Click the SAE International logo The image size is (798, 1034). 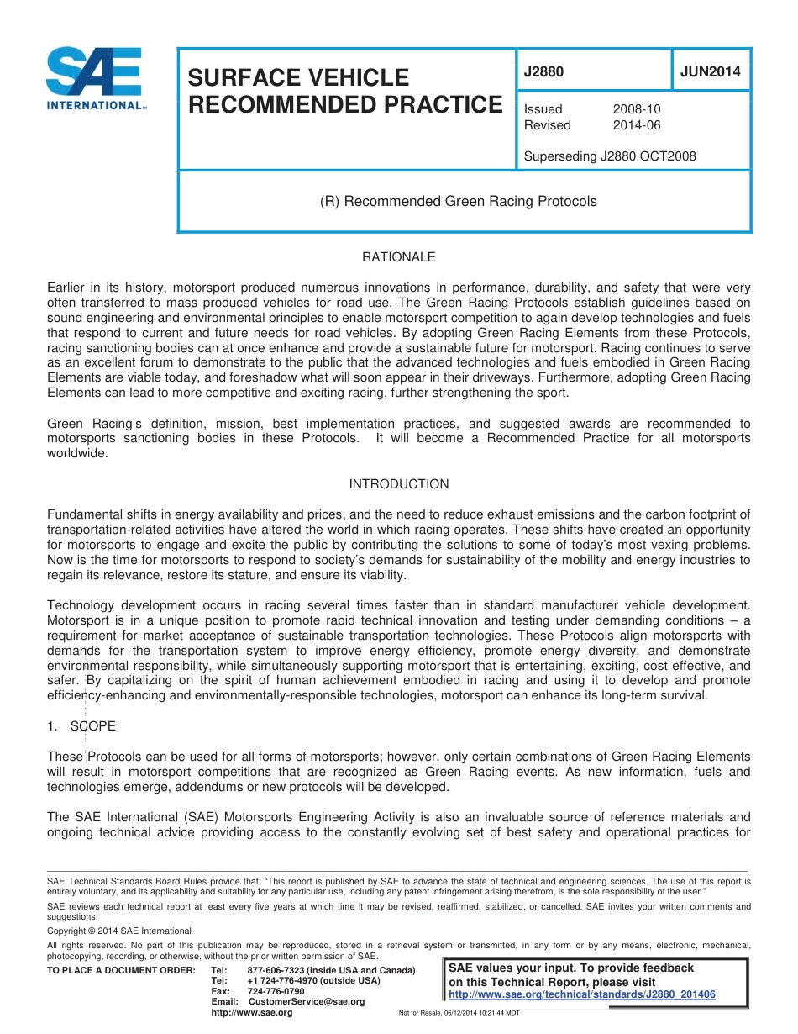click(x=95, y=78)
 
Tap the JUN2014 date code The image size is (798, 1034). click(x=710, y=72)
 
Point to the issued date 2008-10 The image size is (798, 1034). click(x=637, y=109)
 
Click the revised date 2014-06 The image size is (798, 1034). click(x=637, y=125)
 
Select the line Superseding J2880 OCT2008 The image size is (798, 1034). click(x=610, y=156)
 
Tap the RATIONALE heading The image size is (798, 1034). click(x=398, y=257)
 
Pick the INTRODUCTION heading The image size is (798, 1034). click(x=398, y=484)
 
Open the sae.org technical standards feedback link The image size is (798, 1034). click(x=582, y=994)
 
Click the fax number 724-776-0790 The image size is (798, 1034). click(x=276, y=991)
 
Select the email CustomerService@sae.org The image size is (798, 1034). click(x=307, y=1001)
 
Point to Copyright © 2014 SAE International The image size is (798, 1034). click(x=119, y=931)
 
